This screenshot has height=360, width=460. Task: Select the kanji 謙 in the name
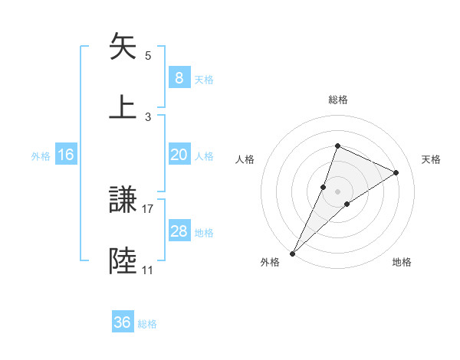124,201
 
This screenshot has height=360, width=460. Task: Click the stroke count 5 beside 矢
148,56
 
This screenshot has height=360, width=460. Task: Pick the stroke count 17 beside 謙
148,208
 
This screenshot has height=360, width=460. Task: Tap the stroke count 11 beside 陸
148,270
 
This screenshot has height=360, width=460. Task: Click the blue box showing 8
179,78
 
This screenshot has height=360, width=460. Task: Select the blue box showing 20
179,155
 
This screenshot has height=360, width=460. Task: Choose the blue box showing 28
179,231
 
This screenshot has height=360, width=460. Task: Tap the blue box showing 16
66,155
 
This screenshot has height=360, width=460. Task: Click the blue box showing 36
123,322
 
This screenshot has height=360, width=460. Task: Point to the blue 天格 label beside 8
204,79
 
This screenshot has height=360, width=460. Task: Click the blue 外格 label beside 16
41,155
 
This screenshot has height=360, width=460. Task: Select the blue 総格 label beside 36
147,323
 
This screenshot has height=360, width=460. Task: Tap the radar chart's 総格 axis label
337,100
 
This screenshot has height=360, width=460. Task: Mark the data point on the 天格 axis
396,172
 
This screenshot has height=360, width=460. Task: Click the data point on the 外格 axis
293,253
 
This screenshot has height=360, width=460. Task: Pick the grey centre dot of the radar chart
337,191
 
